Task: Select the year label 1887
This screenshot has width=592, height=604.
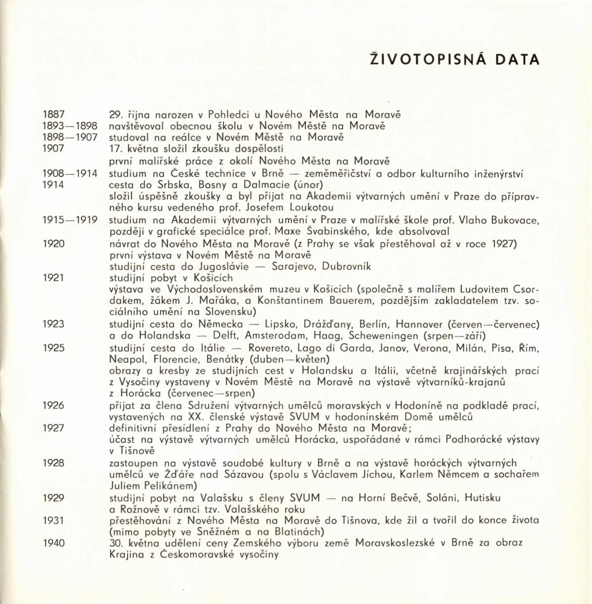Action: tap(54, 114)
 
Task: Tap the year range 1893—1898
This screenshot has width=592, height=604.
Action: tap(70, 126)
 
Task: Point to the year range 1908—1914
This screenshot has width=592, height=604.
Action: tap(70, 173)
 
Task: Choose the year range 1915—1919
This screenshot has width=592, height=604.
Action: tap(70, 220)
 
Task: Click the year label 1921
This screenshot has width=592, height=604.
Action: tap(54, 277)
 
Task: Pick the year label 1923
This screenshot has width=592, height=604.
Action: tap(54, 324)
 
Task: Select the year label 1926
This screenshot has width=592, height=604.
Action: tap(54, 405)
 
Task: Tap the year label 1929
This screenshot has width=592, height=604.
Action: tap(54, 497)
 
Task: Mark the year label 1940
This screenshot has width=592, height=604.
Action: tap(54, 543)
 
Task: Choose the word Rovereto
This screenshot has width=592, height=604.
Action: tap(269, 348)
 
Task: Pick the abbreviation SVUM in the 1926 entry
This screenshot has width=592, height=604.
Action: tap(304, 417)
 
